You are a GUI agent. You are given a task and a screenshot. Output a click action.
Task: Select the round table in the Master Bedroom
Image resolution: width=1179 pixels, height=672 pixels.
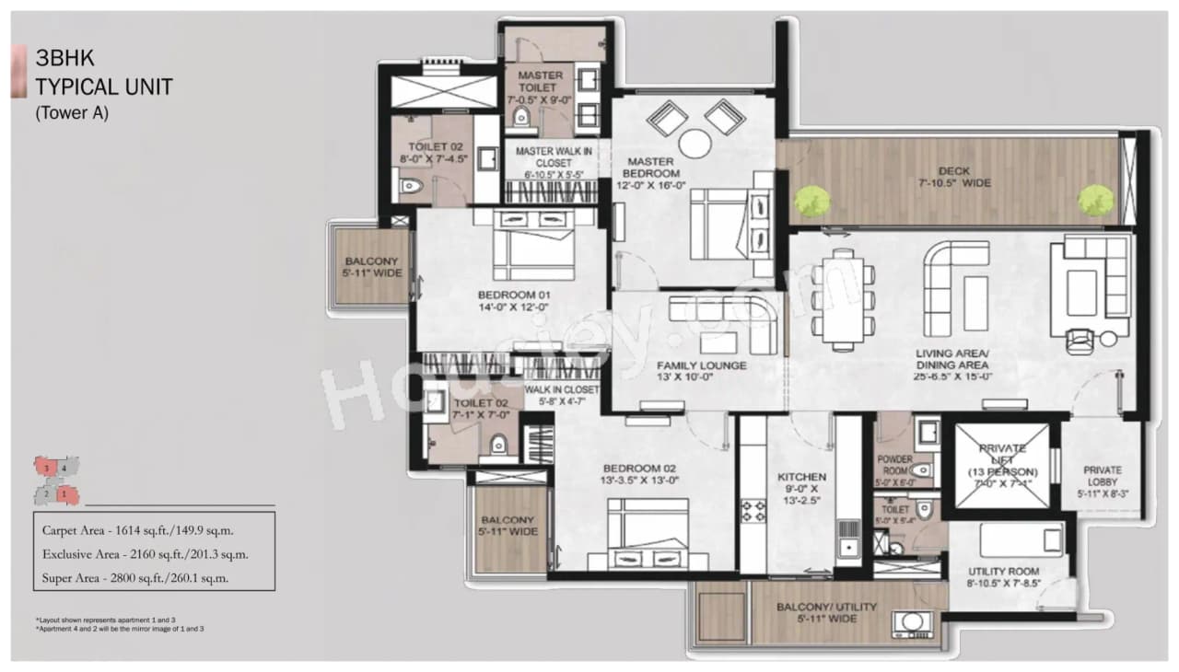(695, 144)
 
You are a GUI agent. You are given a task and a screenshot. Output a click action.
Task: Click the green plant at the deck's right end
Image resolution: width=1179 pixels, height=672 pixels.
(1095, 200)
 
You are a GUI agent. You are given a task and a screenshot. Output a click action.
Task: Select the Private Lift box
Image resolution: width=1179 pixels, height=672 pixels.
(1002, 466)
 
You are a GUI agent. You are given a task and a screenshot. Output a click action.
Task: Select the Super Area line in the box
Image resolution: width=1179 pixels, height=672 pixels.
(135, 578)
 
